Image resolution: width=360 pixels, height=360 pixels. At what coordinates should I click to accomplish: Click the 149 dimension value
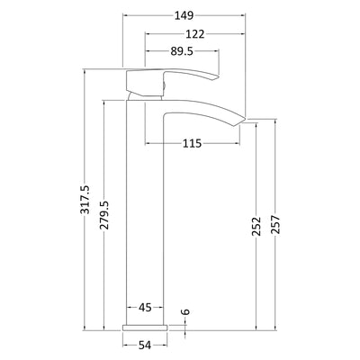tap(184, 15)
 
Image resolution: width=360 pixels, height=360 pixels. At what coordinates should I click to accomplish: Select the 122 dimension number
tap(195, 34)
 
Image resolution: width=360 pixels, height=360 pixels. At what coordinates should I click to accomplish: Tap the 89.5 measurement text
tap(182, 51)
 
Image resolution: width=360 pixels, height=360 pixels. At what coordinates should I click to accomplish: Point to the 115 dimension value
tap(192, 144)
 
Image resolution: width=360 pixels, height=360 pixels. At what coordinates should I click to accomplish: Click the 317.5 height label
tap(85, 200)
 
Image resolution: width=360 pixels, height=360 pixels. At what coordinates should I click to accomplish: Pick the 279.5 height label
tap(104, 215)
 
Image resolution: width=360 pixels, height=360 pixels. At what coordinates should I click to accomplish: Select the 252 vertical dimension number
tap(256, 226)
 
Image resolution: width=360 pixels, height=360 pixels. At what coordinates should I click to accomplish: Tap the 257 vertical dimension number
tap(275, 224)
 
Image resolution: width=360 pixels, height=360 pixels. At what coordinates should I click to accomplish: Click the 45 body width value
tap(145, 307)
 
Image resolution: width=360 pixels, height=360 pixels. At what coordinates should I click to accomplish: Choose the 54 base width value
tap(145, 346)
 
